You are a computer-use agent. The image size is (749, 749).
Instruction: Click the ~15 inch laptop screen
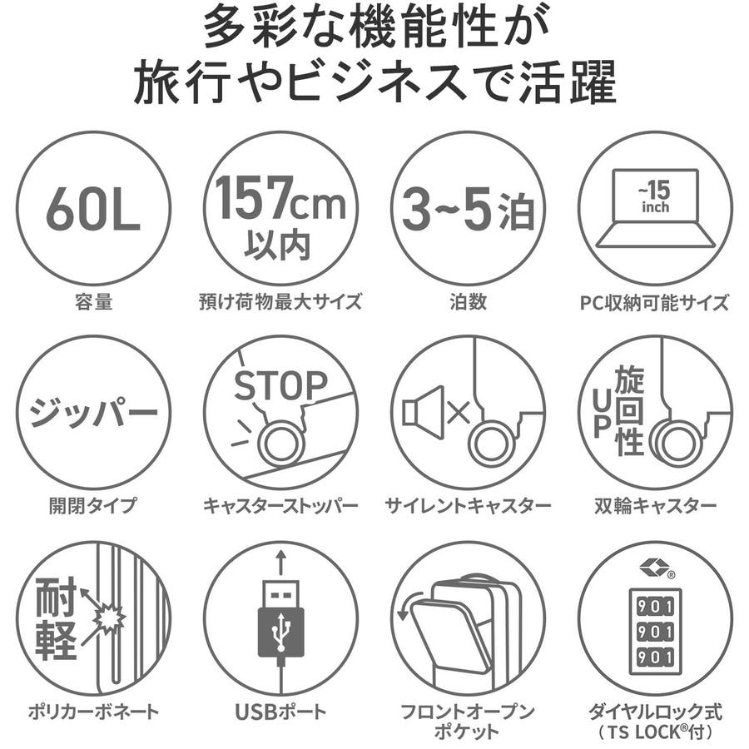656,196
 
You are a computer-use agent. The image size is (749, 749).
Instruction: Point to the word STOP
280,386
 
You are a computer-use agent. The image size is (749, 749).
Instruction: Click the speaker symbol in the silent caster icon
422,412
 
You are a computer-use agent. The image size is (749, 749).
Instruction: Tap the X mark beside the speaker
459,413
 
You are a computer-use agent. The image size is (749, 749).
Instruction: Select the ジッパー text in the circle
93,413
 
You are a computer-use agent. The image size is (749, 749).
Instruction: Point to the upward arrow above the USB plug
281,563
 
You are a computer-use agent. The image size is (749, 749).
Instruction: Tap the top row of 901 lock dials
655,606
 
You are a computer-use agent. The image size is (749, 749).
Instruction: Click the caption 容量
93,302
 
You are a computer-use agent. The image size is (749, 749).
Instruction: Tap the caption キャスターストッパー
280,505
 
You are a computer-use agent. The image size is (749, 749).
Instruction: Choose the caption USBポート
281,712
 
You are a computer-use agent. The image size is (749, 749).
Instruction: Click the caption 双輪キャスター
656,505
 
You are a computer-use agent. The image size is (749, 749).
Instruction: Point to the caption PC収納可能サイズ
655,303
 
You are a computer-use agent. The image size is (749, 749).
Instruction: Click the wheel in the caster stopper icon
280,443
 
